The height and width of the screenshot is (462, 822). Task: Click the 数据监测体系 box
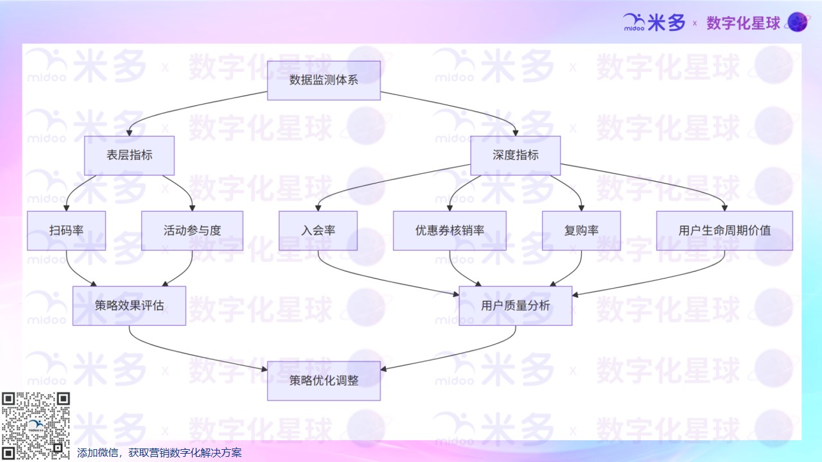(324, 80)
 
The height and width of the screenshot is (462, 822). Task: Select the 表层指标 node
(129, 155)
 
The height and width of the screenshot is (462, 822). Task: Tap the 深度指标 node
(515, 155)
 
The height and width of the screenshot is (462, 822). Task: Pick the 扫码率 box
(66, 230)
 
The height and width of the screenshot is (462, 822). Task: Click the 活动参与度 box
(192, 230)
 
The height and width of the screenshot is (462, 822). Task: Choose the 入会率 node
(318, 230)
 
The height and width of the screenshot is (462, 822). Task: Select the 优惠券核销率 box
(450, 230)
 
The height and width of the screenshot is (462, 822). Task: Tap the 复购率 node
(581, 230)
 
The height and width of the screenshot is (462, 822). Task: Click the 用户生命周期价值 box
(724, 230)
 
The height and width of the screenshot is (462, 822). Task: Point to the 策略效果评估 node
(129, 305)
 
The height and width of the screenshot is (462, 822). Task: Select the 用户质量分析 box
(515, 305)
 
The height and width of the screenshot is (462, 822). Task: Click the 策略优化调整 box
(324, 381)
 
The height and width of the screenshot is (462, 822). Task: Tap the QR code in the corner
(35, 425)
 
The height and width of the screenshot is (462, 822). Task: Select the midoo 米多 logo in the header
(654, 23)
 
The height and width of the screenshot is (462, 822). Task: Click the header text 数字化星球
(743, 23)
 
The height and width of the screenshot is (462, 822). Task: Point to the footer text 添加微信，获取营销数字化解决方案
(159, 453)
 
